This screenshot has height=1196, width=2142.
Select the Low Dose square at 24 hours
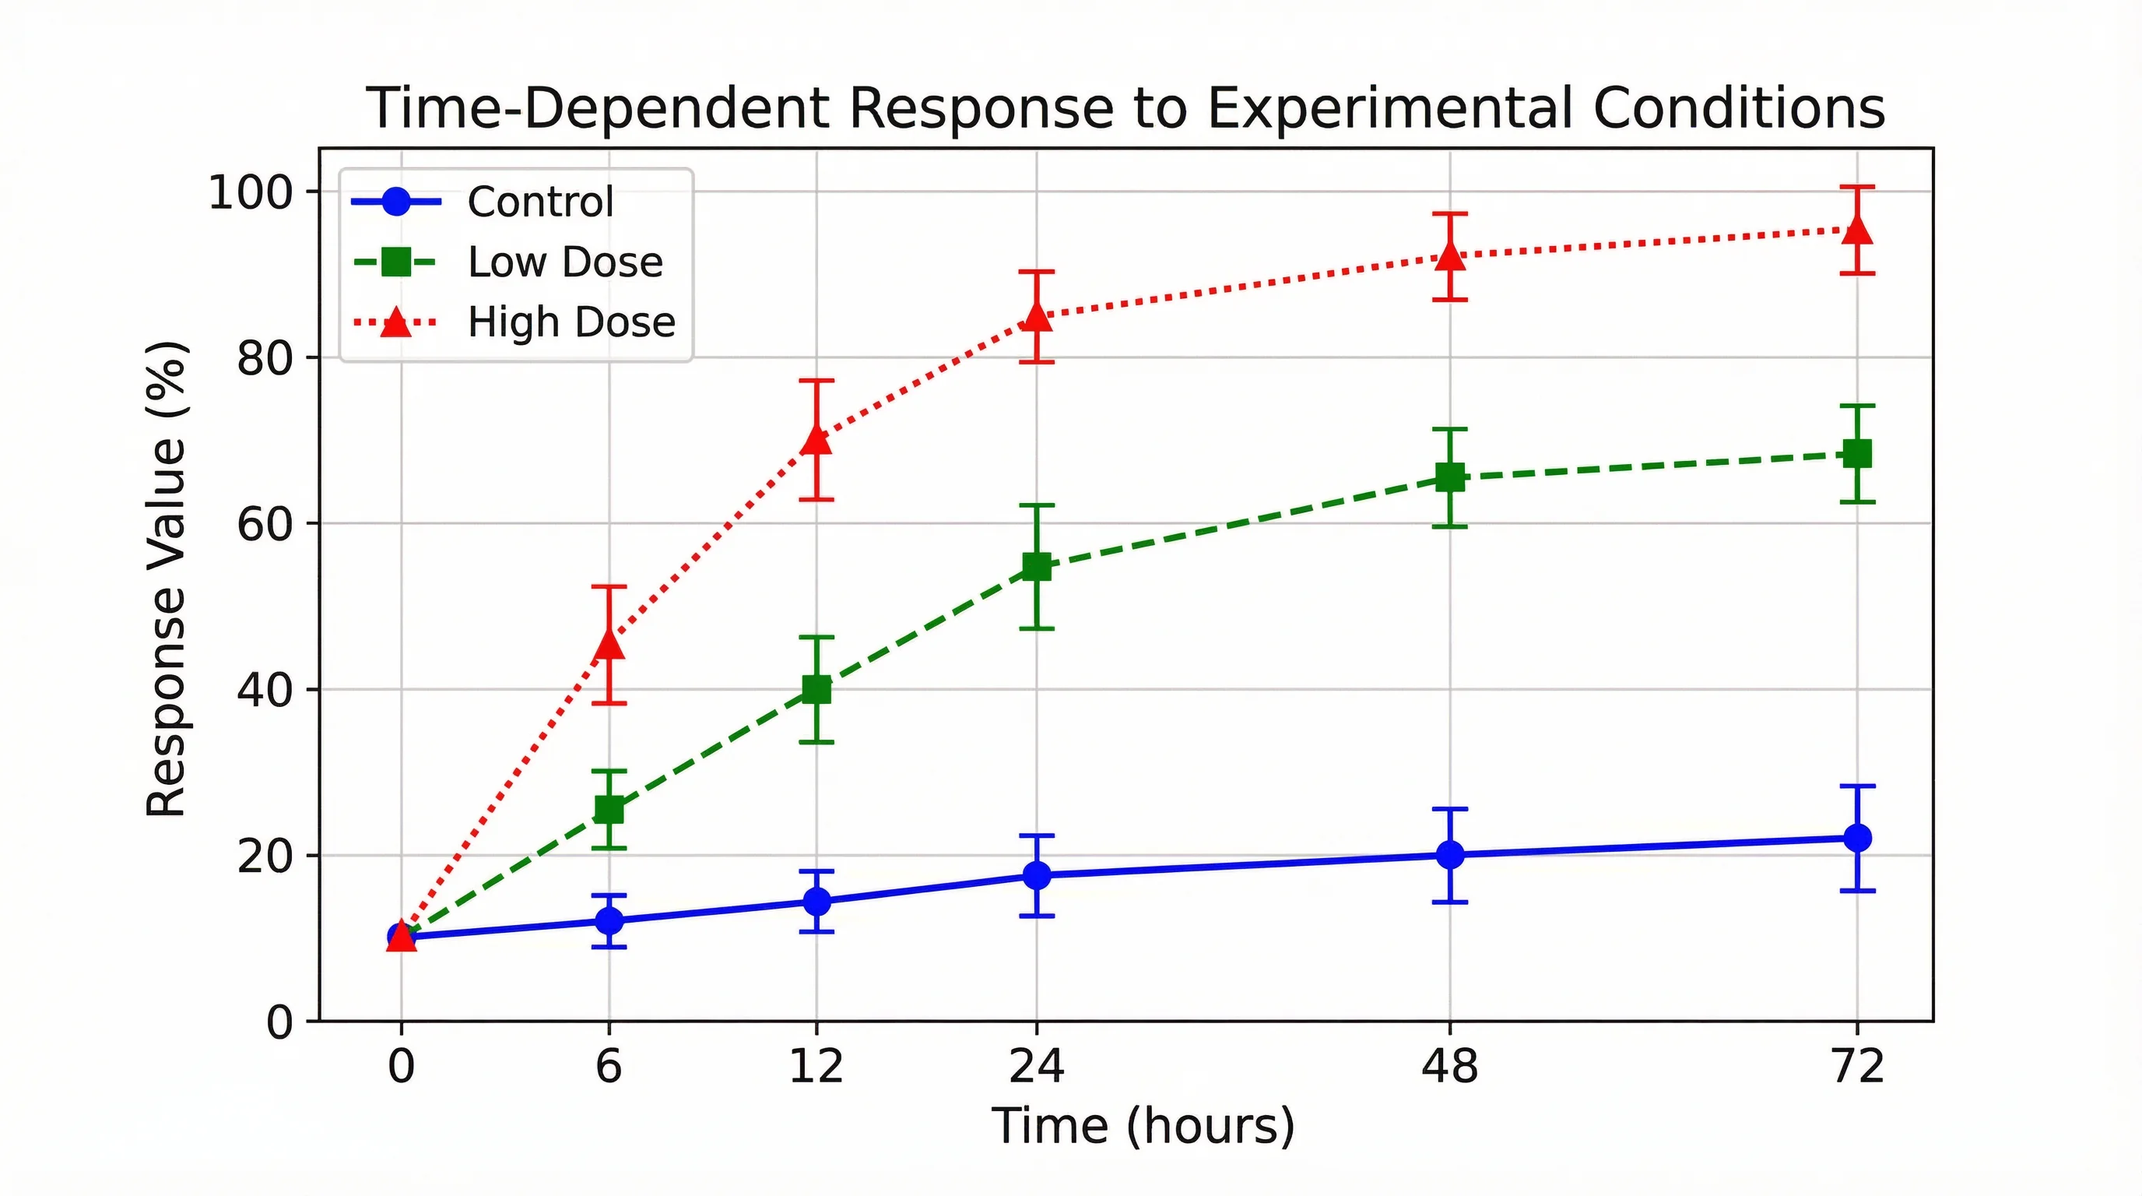pyautogui.click(x=1036, y=567)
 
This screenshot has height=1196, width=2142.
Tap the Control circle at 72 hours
pyautogui.click(x=1857, y=838)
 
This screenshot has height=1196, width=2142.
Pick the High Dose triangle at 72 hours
pyautogui.click(x=1857, y=230)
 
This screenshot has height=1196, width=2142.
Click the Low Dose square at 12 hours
pyautogui.click(x=816, y=689)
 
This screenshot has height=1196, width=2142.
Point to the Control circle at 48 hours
pyautogui.click(x=1450, y=854)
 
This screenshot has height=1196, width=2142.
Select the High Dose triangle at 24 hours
pyautogui.click(x=1036, y=316)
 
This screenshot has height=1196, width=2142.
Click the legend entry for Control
pyautogui.click(x=540, y=202)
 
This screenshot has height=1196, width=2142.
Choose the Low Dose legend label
pyautogui.click(x=565, y=262)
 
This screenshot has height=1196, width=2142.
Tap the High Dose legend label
pyautogui.click(x=571, y=322)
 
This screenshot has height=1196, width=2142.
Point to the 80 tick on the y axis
pyautogui.click(x=265, y=358)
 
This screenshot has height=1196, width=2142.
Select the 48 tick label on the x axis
pyautogui.click(x=1450, y=1065)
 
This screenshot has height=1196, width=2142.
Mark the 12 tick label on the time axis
pyautogui.click(x=816, y=1065)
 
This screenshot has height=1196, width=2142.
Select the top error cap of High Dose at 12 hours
pyautogui.click(x=816, y=381)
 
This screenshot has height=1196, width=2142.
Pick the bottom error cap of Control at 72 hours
pyautogui.click(x=1857, y=891)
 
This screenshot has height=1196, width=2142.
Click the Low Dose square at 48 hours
pyautogui.click(x=1450, y=477)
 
